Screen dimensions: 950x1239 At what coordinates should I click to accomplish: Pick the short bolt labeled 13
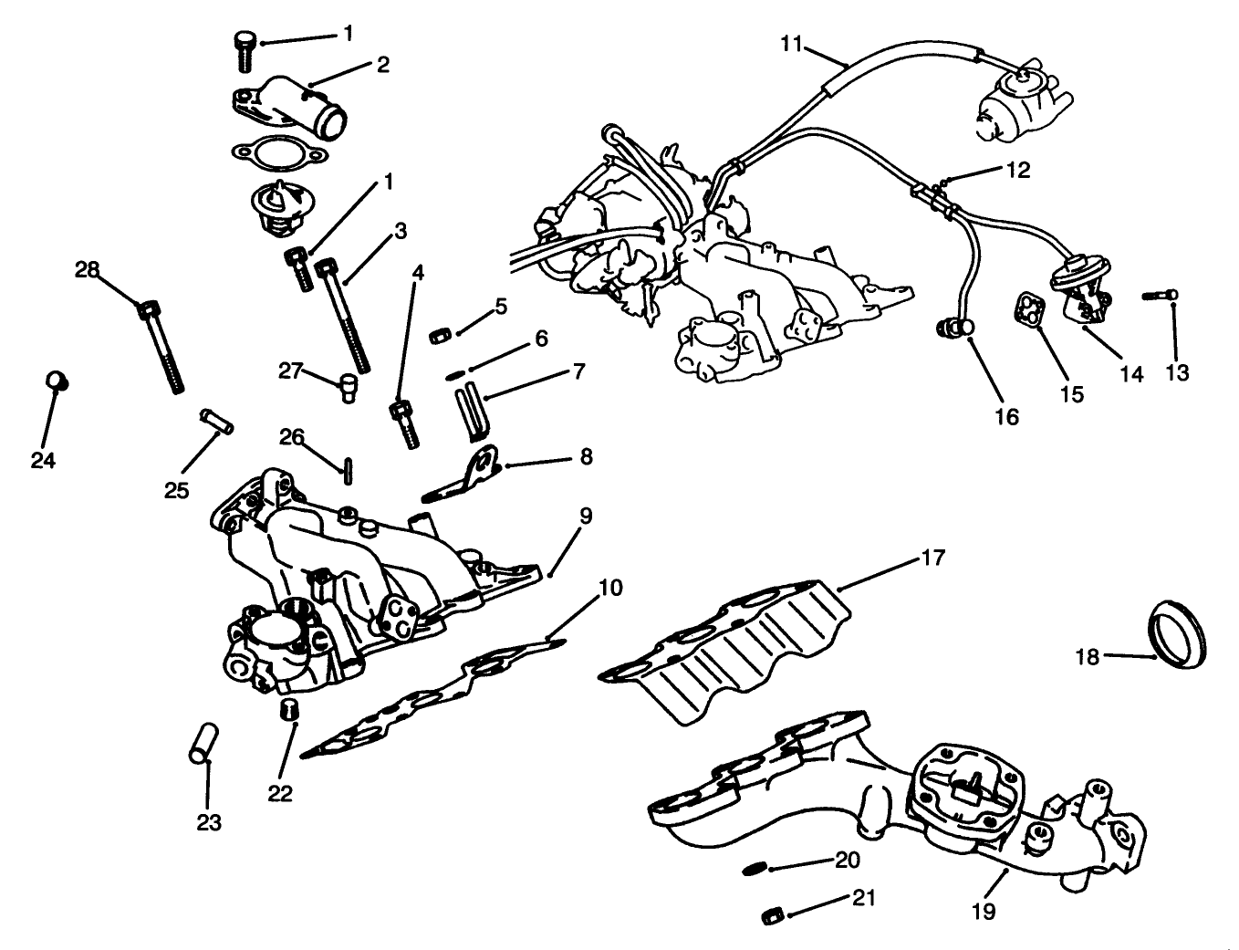[1159, 295]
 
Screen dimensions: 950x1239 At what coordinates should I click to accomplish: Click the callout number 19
[984, 910]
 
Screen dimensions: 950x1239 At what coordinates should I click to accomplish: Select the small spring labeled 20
[755, 865]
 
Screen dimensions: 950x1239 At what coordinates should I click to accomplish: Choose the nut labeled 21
[772, 914]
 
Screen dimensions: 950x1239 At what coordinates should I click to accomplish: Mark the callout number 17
[933, 557]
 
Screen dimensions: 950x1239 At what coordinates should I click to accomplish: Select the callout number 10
[610, 587]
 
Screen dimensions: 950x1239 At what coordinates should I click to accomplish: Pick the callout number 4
[418, 272]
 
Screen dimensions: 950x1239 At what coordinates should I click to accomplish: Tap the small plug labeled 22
[289, 708]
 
